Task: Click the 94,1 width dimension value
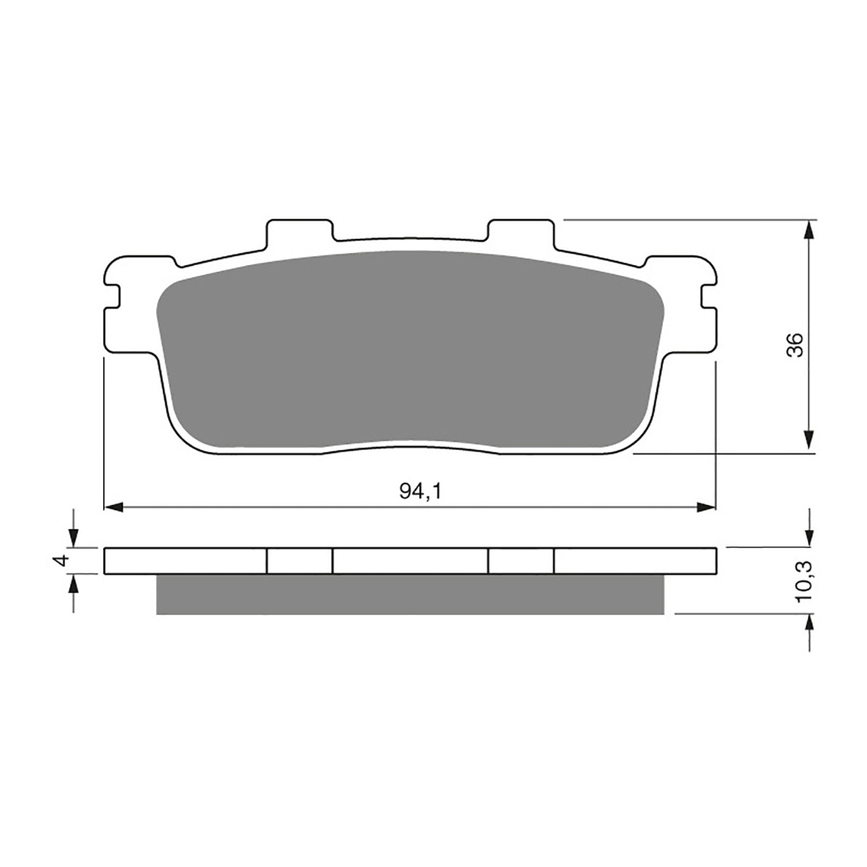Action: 421,491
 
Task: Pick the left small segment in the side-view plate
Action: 300,561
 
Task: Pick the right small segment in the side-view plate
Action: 521,561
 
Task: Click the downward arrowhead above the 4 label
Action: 73,539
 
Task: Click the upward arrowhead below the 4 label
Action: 73,584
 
